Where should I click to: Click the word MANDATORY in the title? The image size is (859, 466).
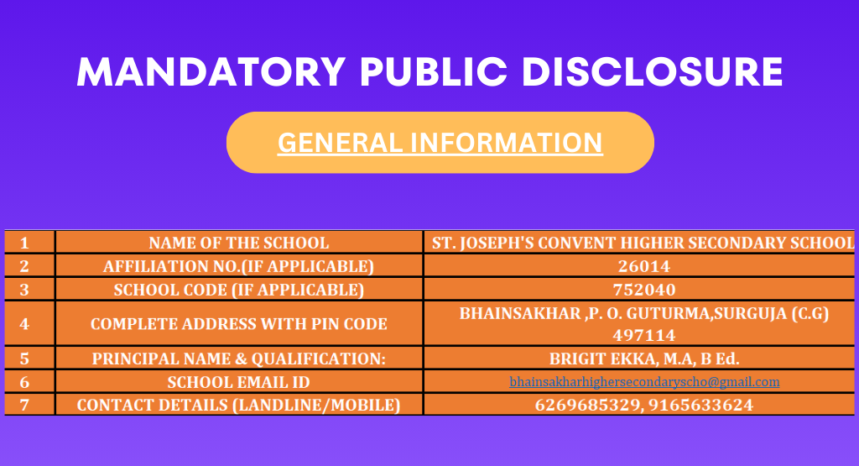211,72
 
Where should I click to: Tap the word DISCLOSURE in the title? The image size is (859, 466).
652,72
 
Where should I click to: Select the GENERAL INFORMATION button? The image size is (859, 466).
440,143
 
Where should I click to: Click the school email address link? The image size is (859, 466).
644,381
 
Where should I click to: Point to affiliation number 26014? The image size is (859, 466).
644,266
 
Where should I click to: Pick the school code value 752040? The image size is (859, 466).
644,290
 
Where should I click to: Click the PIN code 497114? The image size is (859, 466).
644,335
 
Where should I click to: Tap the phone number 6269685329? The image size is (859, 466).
586,405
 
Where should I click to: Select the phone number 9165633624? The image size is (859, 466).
700,405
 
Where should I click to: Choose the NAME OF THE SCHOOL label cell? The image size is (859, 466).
239,243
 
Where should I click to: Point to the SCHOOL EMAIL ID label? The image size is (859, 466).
239,381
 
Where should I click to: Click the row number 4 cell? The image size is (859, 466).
24,323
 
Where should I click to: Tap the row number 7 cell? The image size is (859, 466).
24,405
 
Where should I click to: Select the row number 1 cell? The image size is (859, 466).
24,243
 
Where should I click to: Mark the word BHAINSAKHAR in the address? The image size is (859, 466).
520,313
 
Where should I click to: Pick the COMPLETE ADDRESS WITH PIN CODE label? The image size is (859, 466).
239,323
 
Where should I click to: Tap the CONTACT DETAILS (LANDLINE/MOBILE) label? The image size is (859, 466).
239,405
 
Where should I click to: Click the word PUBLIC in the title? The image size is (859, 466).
434,72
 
